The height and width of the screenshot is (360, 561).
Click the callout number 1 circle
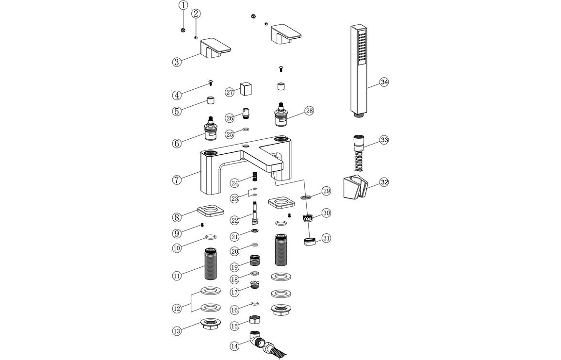click(183, 5)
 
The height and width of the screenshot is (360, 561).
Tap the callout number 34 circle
click(384, 82)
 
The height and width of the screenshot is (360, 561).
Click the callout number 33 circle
click(384, 140)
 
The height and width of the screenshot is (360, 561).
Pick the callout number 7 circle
click(177, 180)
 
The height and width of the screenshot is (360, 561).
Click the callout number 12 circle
click(177, 308)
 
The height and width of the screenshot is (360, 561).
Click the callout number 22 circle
click(235, 220)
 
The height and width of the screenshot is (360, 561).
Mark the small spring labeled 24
click(253, 177)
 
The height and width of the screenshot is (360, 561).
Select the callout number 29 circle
click(326, 191)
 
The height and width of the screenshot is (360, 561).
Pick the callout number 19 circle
click(235, 267)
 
